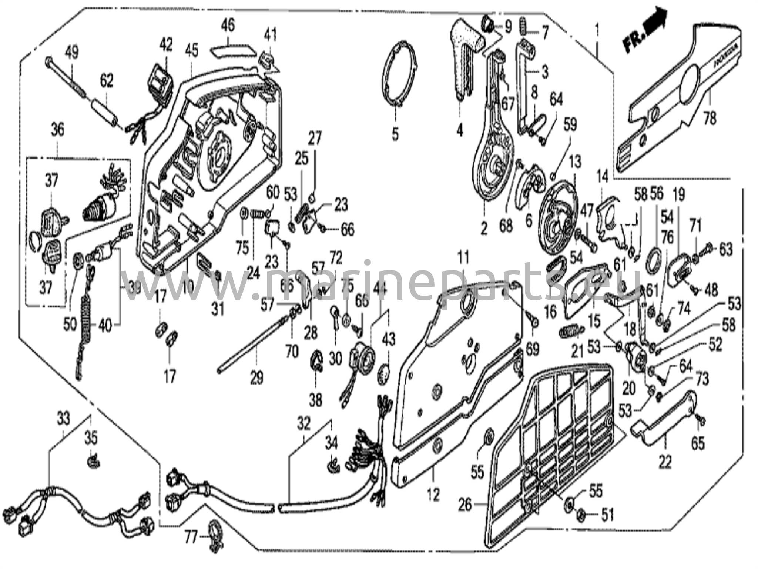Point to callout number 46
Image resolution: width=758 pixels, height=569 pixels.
tap(228, 26)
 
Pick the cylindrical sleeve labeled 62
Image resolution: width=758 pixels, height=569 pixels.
tap(103, 110)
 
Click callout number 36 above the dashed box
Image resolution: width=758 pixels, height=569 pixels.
tap(57, 130)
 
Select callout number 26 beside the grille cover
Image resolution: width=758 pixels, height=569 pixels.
tap(465, 505)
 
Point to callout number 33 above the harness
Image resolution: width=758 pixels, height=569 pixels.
tap(63, 419)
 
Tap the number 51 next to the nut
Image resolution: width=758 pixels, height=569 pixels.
tap(607, 515)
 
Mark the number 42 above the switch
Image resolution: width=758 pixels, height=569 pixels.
tap(165, 45)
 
